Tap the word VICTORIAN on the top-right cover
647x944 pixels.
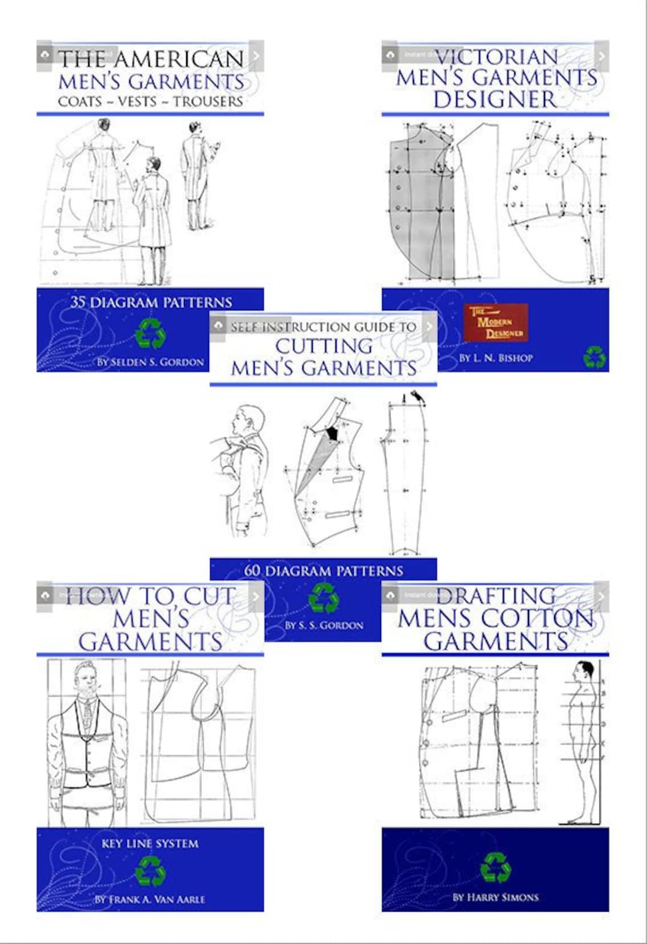(496, 57)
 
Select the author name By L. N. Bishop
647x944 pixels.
(495, 358)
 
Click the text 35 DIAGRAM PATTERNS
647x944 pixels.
(150, 302)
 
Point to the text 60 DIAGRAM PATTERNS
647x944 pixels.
(323, 570)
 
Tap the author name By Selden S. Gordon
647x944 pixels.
(150, 362)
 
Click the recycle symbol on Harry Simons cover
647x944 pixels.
(495, 867)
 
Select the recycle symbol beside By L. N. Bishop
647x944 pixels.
(594, 357)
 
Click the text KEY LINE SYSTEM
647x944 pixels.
(150, 843)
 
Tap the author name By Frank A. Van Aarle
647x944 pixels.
(150, 899)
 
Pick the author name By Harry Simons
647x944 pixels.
(495, 897)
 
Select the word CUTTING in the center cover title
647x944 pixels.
(323, 346)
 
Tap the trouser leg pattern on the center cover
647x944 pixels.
(404, 479)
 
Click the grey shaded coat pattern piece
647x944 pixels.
(413, 204)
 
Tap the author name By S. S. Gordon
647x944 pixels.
(323, 625)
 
